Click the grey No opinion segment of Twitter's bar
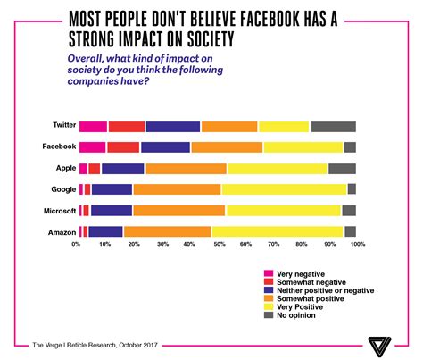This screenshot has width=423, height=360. pyautogui.click(x=333, y=127)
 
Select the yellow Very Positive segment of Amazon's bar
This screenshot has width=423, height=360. pyautogui.click(x=277, y=231)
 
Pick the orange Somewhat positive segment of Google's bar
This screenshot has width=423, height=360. pyautogui.click(x=177, y=189)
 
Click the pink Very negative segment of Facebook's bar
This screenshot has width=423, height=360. pyautogui.click(x=92, y=147)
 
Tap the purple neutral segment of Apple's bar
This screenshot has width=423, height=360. pyautogui.click(x=123, y=168)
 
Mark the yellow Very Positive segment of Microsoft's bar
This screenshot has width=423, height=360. pyautogui.click(x=283, y=211)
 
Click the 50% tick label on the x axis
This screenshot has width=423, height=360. pyautogui.click(x=218, y=244)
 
